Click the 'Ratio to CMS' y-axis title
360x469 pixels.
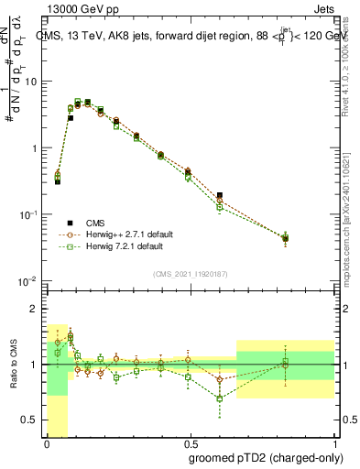tap(14, 365)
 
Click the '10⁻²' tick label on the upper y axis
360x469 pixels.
tap(28, 279)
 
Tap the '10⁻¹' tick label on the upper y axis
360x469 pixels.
tap(28, 213)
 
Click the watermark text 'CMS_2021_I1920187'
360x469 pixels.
tap(191, 273)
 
